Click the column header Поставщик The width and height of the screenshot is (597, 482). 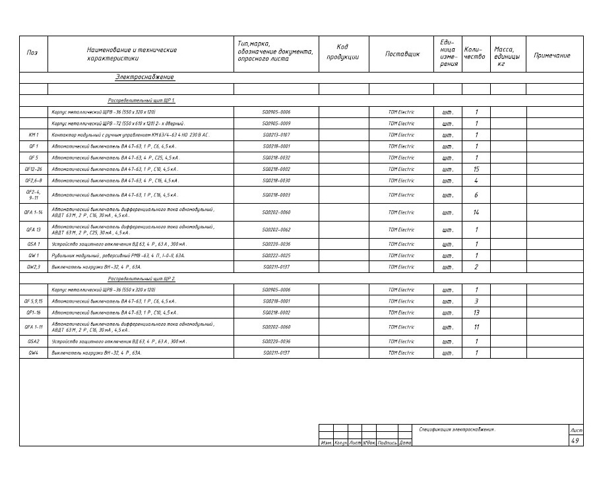pos(402,55)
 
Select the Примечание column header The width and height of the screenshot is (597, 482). pos(551,55)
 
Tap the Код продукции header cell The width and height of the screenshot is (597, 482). pos(342,52)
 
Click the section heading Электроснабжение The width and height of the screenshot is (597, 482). pos(144,77)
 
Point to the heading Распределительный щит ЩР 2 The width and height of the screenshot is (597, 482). pos(141,279)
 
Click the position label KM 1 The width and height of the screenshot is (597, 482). pos(33,135)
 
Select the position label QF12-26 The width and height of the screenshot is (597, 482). pos(33,169)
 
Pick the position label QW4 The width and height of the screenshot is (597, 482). pos(33,353)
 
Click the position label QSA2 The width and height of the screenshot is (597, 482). pos(33,342)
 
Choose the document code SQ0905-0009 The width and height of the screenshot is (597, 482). pos(276,123)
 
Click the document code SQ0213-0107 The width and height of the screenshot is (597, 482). pos(276,135)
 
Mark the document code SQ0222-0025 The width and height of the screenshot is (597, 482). pos(276,255)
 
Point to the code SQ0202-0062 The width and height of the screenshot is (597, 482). pos(276,229)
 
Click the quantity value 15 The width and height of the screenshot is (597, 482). pos(476,169)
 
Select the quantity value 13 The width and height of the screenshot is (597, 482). pos(476,313)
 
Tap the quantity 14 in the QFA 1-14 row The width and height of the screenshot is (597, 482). pos(476,212)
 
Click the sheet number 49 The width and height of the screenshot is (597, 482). pos(575,440)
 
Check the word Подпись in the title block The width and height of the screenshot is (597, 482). pos(387,442)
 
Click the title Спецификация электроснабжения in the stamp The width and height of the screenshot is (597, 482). pos(457,430)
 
